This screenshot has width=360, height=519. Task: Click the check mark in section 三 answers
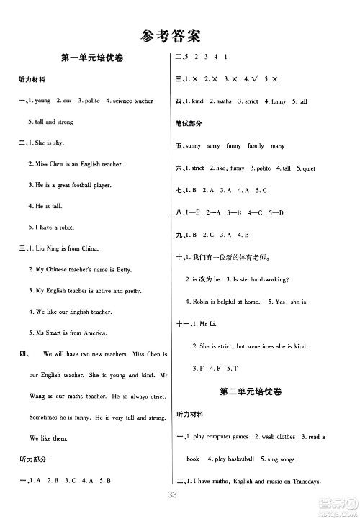pos(248,80)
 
